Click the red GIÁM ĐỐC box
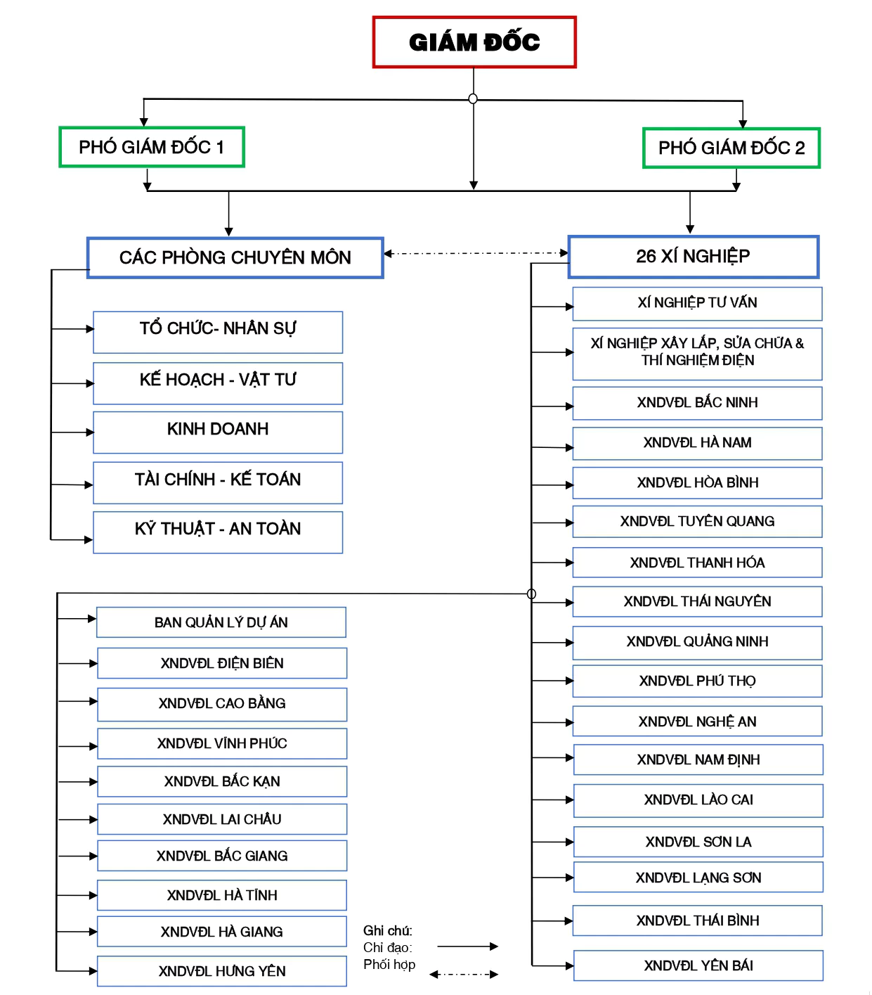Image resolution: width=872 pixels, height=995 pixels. click(474, 42)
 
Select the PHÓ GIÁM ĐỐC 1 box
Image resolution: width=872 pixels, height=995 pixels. click(152, 147)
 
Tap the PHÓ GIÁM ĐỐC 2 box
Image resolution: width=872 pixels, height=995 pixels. click(731, 148)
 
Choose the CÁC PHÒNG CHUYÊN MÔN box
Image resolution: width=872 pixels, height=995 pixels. click(235, 257)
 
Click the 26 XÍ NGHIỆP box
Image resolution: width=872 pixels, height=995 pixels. click(694, 257)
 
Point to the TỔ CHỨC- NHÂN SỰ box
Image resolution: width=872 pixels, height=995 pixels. click(218, 331)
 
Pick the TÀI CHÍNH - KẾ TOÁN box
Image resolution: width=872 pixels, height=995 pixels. click(218, 482)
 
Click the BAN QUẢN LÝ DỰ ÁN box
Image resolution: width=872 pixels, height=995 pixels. click(221, 622)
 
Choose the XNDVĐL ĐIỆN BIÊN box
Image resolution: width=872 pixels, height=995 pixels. click(222, 663)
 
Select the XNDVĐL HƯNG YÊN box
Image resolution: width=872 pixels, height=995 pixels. click(222, 971)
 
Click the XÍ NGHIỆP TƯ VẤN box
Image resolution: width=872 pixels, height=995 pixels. click(697, 303)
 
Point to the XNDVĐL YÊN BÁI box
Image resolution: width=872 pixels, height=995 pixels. click(698, 965)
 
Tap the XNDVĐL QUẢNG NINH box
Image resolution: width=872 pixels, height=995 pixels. click(697, 642)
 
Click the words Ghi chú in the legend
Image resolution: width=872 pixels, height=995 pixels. click(387, 931)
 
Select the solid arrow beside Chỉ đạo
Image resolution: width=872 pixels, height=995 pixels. click(467, 946)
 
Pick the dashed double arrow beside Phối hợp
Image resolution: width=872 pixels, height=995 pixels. click(464, 975)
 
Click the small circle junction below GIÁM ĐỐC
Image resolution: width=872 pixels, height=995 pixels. click(473, 99)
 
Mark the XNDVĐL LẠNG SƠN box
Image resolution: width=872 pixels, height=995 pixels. click(698, 878)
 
